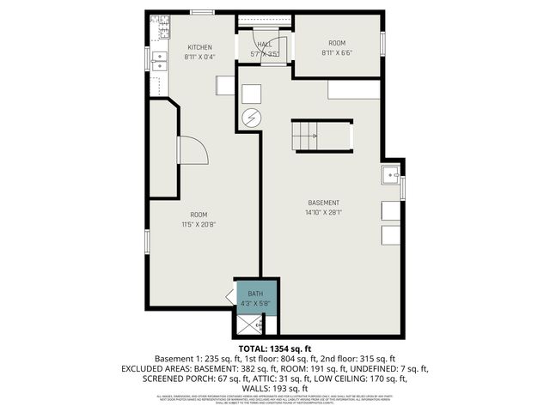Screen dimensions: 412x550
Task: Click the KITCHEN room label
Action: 200,47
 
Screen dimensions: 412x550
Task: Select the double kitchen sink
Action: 160,59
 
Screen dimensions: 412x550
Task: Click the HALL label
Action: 265,45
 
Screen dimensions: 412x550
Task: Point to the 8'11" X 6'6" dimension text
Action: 337,52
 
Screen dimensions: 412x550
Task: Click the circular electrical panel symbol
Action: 252,118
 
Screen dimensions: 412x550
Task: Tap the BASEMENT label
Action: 324,203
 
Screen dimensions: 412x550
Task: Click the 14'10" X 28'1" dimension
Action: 324,213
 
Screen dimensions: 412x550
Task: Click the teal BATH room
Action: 256,296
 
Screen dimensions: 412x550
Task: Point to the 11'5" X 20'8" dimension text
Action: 199,225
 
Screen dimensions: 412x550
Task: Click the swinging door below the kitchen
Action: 192,151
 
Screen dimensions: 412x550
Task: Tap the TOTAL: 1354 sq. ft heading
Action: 275,348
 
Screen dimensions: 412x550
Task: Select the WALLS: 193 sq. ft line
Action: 274,388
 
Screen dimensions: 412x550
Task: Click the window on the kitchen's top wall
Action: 203,12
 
